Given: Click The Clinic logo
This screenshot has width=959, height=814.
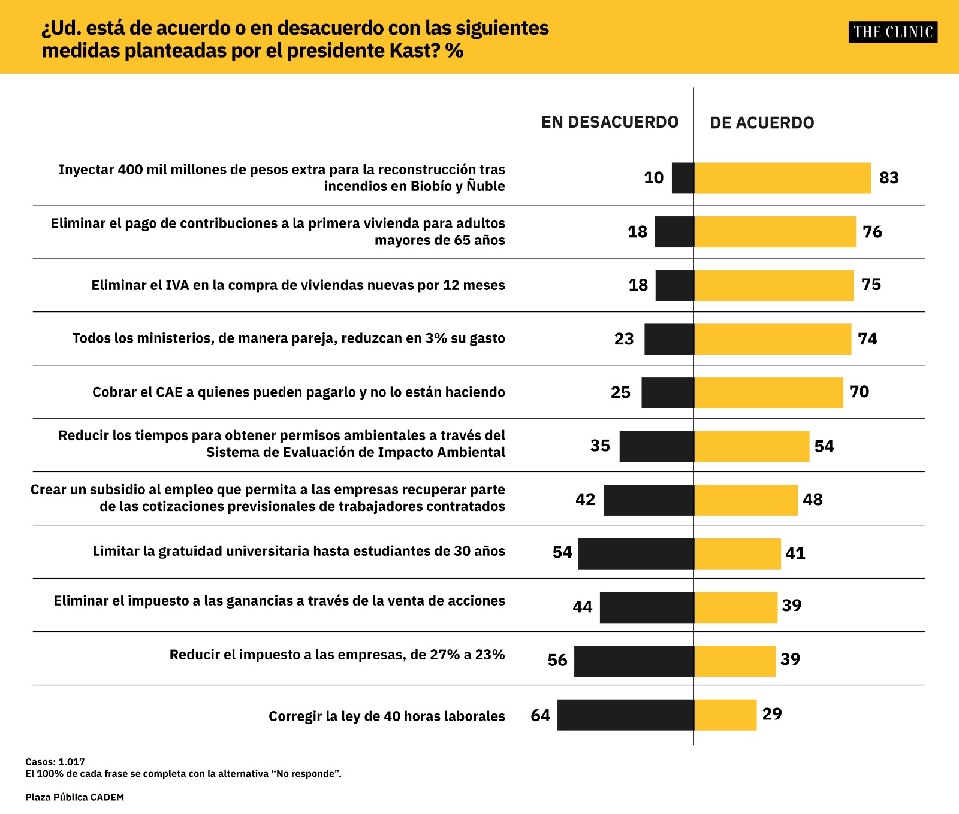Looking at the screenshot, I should [892, 32].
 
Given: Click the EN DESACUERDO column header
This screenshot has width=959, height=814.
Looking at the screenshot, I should [610, 122].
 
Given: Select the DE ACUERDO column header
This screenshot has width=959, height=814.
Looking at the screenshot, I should [762, 123].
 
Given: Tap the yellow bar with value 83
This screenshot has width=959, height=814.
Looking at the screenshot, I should [782, 178].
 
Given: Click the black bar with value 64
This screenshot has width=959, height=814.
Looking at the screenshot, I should [626, 715].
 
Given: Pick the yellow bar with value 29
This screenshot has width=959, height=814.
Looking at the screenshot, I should [725, 715].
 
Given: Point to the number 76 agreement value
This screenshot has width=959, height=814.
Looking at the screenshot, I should [872, 232].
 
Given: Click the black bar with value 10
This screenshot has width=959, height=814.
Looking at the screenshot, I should [683, 178].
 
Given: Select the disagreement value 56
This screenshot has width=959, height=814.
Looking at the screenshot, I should [557, 660].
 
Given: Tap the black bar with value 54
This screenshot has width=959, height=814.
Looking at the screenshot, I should [636, 553].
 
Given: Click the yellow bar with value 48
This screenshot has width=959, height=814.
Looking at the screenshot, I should [746, 500].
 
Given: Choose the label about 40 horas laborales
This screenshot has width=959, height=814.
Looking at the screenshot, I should [387, 716].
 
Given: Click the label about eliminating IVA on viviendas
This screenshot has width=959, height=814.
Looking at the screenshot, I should [298, 285].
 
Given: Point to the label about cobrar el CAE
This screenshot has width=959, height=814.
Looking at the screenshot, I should [298, 392].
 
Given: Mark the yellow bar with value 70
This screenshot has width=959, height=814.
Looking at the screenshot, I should [768, 393].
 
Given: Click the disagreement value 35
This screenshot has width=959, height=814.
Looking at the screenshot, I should [600, 446].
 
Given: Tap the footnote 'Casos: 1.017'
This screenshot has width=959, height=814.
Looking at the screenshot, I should [55, 762].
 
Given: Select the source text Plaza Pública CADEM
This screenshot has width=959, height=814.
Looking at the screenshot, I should [74, 797].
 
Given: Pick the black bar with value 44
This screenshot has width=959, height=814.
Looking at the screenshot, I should [647, 607].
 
